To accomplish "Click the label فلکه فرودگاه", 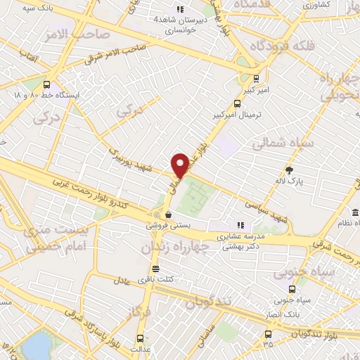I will (x=281, y=46).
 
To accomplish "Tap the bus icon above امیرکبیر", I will (x=255, y=79).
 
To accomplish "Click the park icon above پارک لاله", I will (x=289, y=170).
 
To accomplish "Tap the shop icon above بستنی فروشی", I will (x=167, y=214).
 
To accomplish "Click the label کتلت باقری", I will (x=157, y=280).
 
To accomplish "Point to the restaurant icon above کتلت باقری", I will (x=155, y=269).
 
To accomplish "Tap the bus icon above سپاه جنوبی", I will (x=292, y=289).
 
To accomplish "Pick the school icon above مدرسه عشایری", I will (x=240, y=225).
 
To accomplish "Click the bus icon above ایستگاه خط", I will (x=47, y=83).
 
